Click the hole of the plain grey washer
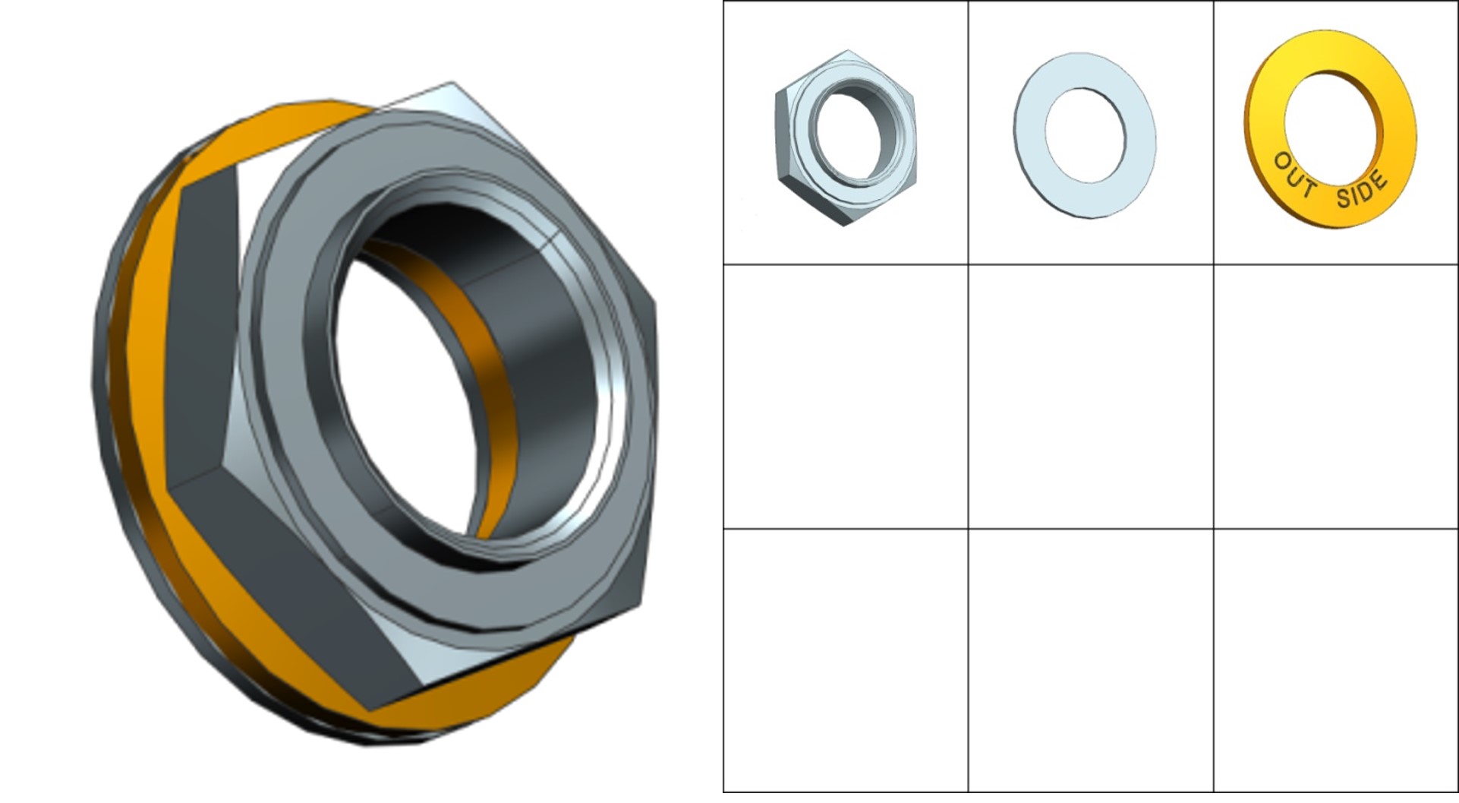(x=1086, y=135)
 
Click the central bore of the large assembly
(x=410, y=395)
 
